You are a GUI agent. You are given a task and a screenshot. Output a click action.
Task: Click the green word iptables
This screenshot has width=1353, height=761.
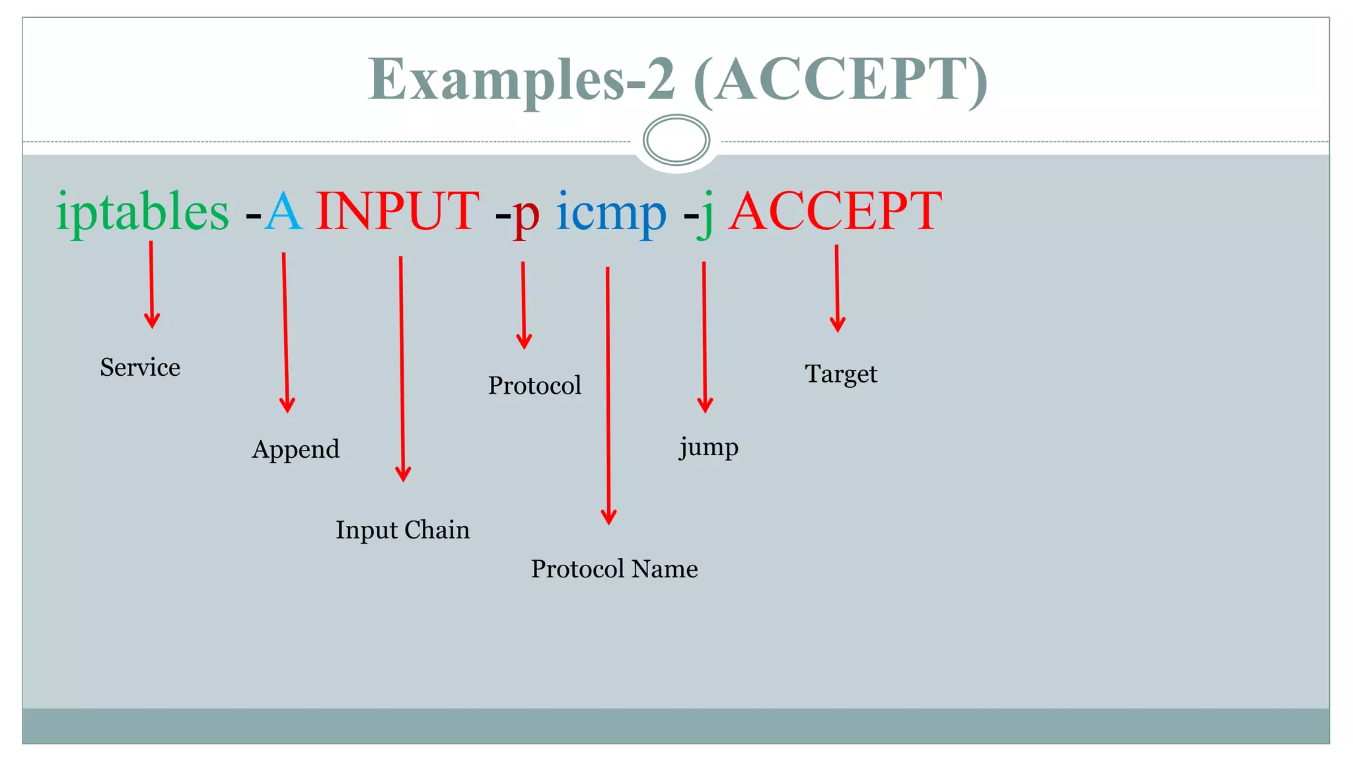(x=142, y=213)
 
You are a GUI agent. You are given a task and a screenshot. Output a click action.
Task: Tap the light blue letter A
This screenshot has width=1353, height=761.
(x=283, y=213)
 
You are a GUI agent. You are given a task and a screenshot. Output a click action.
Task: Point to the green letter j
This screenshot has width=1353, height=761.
(x=706, y=215)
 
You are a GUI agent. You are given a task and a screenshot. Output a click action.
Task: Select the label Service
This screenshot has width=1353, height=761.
(x=140, y=367)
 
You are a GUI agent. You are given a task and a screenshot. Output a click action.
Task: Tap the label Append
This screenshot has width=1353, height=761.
(x=295, y=450)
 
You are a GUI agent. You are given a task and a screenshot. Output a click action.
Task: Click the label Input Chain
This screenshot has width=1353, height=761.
(x=402, y=530)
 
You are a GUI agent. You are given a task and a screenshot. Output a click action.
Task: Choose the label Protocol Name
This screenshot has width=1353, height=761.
(x=614, y=569)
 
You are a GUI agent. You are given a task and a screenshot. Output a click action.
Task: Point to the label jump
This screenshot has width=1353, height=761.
(x=709, y=448)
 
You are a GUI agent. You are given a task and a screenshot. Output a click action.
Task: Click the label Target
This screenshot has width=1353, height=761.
(x=841, y=375)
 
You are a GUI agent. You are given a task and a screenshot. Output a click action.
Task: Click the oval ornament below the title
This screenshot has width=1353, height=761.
(x=676, y=139)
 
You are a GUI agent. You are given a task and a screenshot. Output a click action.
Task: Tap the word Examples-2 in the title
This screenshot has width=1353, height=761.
(x=522, y=79)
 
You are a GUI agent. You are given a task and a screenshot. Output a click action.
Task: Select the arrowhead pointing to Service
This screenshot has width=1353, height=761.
(x=152, y=322)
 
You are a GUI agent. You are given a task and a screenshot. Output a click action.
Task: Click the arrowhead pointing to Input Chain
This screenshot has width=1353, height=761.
(x=403, y=474)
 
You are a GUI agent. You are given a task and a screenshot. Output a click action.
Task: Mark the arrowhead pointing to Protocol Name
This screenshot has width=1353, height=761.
(x=608, y=517)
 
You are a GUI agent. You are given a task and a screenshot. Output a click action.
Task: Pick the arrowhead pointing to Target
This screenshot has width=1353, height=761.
(x=838, y=325)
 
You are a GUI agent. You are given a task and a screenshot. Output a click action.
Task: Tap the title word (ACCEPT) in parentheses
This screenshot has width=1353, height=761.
(x=841, y=79)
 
